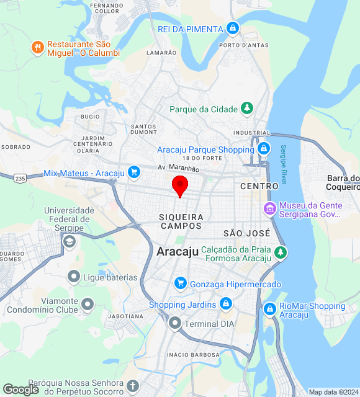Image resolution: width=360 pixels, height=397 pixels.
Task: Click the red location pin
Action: [179, 185]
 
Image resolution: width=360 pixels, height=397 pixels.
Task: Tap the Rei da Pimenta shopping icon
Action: [232, 29]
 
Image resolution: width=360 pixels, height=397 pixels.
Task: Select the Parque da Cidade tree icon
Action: [247, 109]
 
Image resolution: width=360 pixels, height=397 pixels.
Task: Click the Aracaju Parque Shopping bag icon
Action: [264, 149]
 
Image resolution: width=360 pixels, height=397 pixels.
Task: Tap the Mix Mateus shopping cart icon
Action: [133, 172]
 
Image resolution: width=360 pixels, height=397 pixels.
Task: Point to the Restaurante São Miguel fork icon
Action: [38, 47]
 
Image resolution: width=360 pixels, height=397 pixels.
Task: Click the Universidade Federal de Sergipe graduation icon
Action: [70, 241]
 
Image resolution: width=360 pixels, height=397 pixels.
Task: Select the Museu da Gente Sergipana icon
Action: [269, 208]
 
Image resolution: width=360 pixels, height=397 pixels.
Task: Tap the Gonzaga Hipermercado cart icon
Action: [180, 283]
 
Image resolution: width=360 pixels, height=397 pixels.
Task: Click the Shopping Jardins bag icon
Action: [226, 304]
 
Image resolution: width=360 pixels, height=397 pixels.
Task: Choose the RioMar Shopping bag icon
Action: [269, 308]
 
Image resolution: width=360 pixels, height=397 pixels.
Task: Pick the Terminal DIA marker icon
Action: [175, 323]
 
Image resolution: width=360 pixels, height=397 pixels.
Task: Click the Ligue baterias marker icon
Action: [74, 277]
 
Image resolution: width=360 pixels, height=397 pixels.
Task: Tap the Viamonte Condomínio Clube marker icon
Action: [88, 304]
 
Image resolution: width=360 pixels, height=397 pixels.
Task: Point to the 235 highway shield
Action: [20, 178]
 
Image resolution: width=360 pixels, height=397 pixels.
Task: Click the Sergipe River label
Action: [284, 164]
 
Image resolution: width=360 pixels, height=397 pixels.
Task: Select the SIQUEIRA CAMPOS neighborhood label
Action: [181, 221]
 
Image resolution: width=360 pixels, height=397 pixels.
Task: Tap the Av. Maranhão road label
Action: [178, 168]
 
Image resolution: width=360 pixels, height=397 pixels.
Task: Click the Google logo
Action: [20, 390]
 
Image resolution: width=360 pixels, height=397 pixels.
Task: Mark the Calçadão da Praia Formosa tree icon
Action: [281, 252]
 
